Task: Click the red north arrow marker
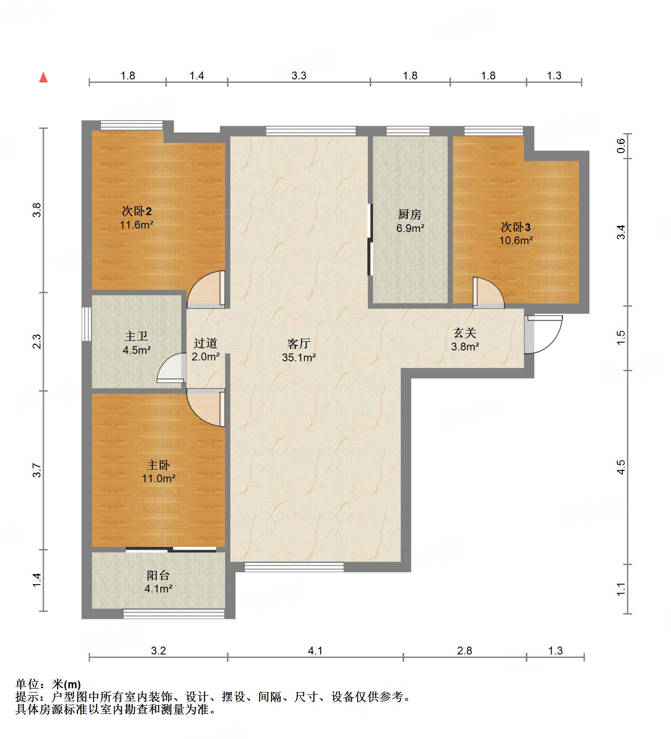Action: [x=43, y=78]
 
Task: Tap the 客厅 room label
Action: [x=298, y=343]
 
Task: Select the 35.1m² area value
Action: [x=299, y=357]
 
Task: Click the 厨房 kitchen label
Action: [x=409, y=214]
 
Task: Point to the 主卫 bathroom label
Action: [x=136, y=336]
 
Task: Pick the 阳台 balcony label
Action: [x=158, y=576]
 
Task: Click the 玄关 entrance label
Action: [x=465, y=333]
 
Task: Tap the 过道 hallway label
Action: [x=205, y=343]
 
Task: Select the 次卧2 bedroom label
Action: [x=137, y=211]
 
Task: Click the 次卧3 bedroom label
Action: [x=516, y=227]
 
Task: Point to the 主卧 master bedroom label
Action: [x=158, y=465]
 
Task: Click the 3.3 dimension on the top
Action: [x=298, y=76]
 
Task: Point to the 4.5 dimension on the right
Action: [x=621, y=467]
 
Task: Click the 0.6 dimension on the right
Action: [x=621, y=145]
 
